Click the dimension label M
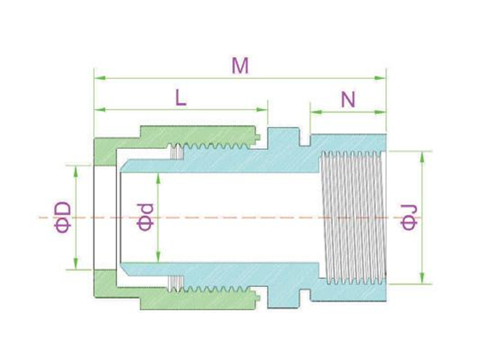pos(240,66)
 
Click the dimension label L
pos(181,98)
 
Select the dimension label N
pos(348,99)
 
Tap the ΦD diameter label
pos(63,217)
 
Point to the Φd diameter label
pos(145,217)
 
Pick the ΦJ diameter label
pos(409,217)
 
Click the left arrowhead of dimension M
pos(100,78)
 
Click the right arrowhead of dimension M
pos(380,78)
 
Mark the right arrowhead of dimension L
pos(262,110)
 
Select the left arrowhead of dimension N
pos(316,112)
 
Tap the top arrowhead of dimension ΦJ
pos(422,157)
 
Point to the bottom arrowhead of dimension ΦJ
pos(422,278)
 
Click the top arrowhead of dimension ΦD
pos(76,172)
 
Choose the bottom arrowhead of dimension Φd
pos(158,257)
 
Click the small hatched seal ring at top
pos(177,152)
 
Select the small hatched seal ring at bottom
pos(176,283)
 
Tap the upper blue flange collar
pos(284,139)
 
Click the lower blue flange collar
pos(284,297)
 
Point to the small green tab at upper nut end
pos(258,137)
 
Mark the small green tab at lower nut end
pos(258,298)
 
